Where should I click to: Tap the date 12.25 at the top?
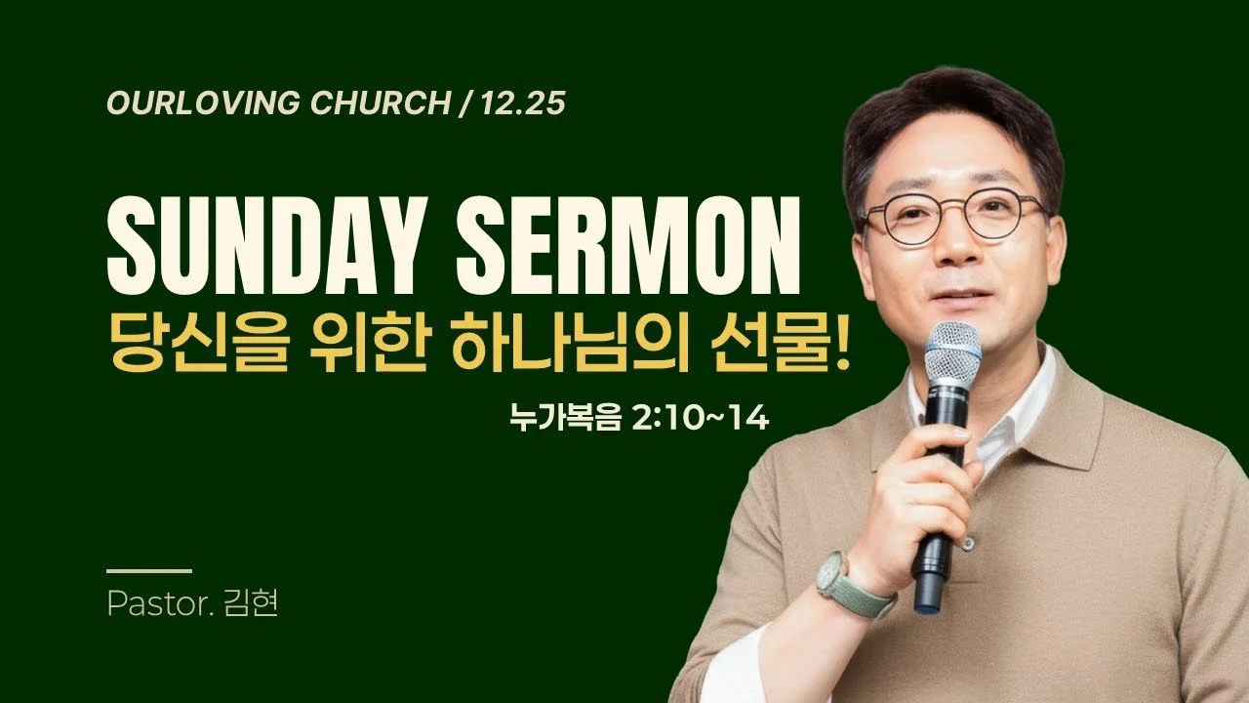[524, 103]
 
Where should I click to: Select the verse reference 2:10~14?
[702, 421]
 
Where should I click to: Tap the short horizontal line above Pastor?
[148, 570]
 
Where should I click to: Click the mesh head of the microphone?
[951, 353]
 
